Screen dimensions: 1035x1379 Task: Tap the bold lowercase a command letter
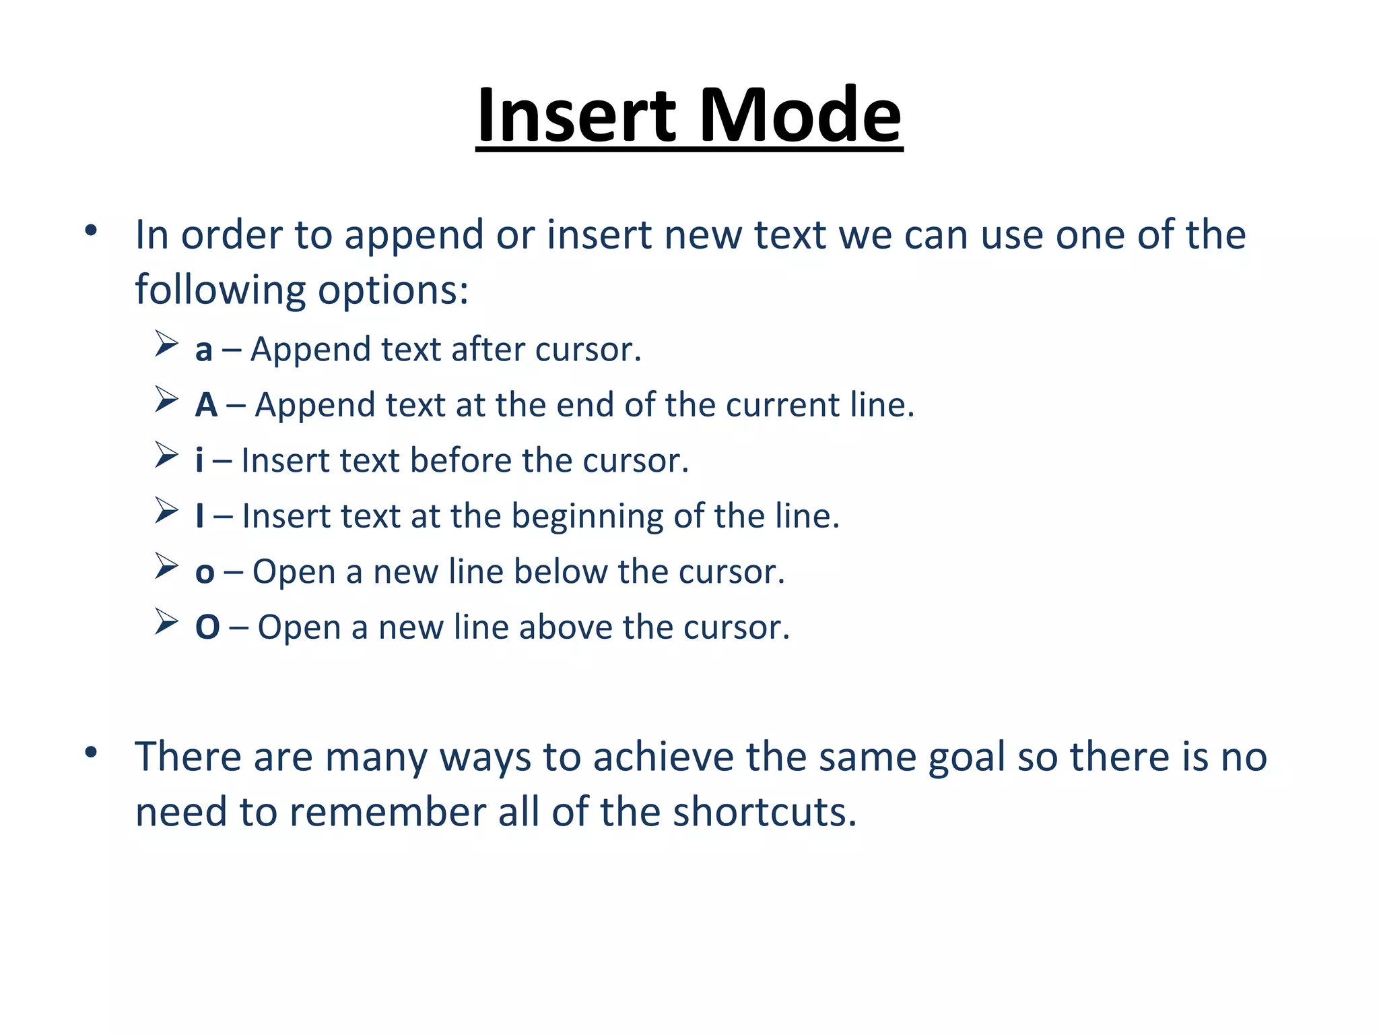pyautogui.click(x=203, y=350)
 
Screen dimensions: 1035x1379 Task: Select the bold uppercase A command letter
pyautogui.click(x=206, y=405)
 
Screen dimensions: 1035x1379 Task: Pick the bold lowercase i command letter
pyautogui.click(x=199, y=461)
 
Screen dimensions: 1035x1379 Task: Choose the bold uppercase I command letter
pyautogui.click(x=199, y=516)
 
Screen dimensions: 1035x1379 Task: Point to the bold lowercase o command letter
pyautogui.click(x=205, y=573)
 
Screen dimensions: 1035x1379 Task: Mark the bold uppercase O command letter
pyautogui.click(x=207, y=627)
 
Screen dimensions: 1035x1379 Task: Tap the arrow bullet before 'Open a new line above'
pyautogui.click(x=166, y=621)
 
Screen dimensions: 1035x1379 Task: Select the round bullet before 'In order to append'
pyautogui.click(x=92, y=231)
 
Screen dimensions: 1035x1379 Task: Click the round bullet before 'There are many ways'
pyautogui.click(x=92, y=752)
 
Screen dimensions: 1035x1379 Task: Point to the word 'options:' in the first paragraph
pyautogui.click(x=393, y=291)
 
